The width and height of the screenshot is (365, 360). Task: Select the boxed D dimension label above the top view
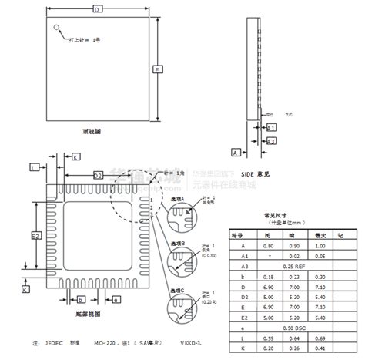(x=97, y=9)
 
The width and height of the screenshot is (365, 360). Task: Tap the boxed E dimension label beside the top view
(x=157, y=69)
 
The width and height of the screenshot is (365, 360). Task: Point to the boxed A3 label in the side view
(x=271, y=141)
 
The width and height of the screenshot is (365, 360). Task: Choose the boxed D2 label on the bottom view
(x=98, y=175)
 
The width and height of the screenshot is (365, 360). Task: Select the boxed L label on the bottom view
(x=33, y=167)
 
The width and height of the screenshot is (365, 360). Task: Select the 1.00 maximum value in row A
(x=320, y=245)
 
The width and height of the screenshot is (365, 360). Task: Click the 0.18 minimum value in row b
(x=267, y=275)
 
